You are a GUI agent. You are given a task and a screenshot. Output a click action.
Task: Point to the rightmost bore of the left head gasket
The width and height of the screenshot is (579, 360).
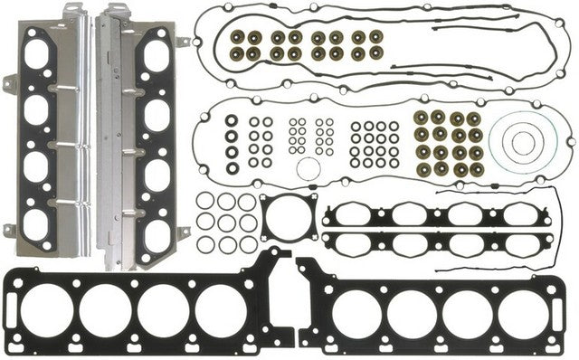coord(219,307)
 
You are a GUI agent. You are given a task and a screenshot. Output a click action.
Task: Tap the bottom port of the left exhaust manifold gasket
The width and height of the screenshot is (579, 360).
coord(37,226)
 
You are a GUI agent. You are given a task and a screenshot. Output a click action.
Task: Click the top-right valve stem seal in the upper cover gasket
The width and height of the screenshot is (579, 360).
coord(375,37)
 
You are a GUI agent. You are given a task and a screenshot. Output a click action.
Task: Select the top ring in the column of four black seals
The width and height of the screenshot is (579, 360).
coord(233,121)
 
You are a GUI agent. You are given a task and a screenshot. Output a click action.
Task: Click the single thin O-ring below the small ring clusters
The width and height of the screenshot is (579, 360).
coord(308,169)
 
